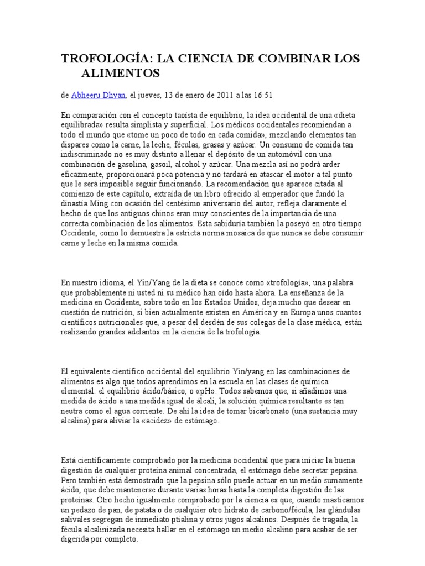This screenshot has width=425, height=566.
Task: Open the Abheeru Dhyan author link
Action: pyautogui.click(x=99, y=95)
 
